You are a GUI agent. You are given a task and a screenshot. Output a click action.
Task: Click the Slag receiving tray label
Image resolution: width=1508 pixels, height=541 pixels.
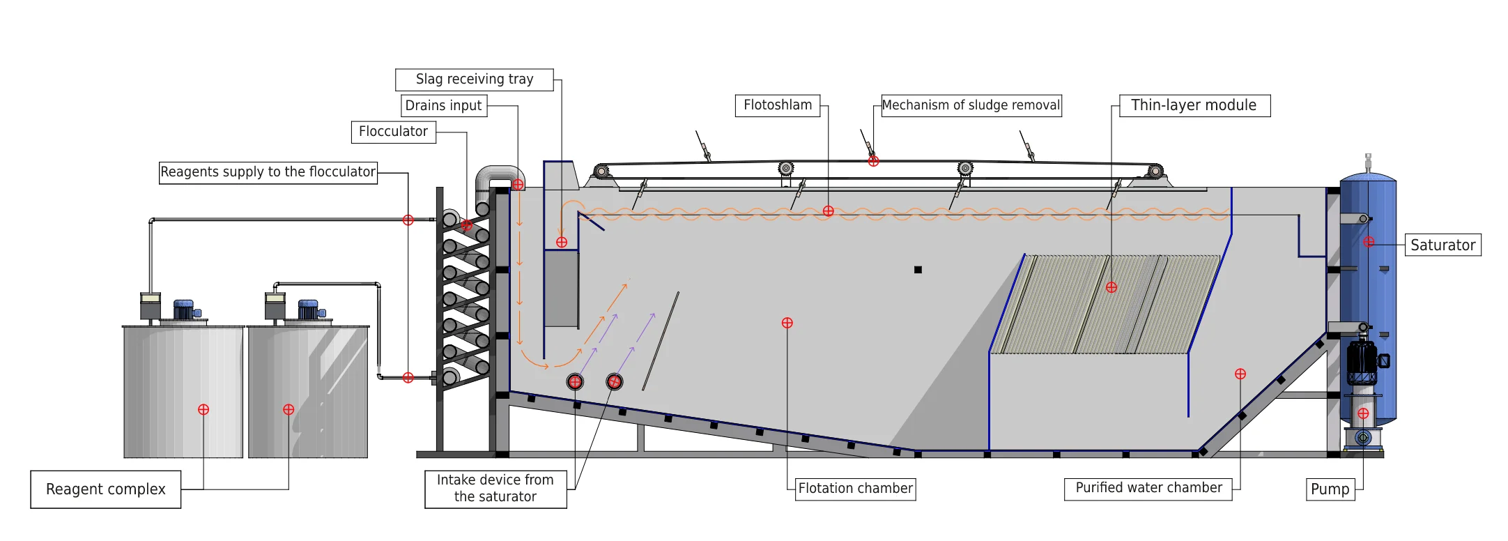click(475, 79)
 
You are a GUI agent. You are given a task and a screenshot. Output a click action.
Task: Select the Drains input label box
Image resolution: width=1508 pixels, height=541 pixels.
click(443, 105)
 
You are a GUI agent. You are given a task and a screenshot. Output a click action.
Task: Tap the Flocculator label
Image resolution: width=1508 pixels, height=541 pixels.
click(393, 132)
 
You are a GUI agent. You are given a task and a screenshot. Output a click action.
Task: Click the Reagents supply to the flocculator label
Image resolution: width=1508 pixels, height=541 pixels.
click(268, 172)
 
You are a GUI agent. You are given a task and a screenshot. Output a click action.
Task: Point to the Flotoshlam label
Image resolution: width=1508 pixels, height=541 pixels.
click(777, 105)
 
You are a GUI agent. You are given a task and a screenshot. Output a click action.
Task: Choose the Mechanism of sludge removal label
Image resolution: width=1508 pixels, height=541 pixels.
click(971, 105)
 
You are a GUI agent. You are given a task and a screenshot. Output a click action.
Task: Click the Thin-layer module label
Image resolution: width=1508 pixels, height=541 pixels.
click(1194, 105)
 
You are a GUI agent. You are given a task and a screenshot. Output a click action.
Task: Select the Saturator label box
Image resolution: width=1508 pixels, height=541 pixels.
click(1442, 245)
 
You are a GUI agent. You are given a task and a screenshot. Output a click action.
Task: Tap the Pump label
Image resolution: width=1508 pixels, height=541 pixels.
click(1330, 489)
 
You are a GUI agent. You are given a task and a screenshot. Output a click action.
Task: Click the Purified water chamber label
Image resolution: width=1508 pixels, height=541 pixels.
click(1148, 488)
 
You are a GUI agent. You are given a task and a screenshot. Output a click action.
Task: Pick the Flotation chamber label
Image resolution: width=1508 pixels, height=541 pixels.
click(855, 489)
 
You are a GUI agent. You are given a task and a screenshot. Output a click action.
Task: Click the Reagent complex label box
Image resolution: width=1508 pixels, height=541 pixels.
click(106, 489)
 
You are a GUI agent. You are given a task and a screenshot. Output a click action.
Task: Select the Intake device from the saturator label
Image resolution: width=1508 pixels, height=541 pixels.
click(495, 489)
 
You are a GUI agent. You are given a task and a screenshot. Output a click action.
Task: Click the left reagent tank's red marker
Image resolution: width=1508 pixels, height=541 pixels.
click(203, 410)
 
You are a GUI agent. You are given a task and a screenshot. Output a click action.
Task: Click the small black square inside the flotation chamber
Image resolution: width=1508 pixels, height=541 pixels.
click(918, 270)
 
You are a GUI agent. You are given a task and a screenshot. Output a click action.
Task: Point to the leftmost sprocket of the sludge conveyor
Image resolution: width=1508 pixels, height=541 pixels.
click(601, 171)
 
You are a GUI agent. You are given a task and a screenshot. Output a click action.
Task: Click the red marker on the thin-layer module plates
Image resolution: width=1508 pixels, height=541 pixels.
click(1111, 287)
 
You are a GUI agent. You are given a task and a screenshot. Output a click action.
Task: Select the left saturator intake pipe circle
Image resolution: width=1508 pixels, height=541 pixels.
click(575, 381)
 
